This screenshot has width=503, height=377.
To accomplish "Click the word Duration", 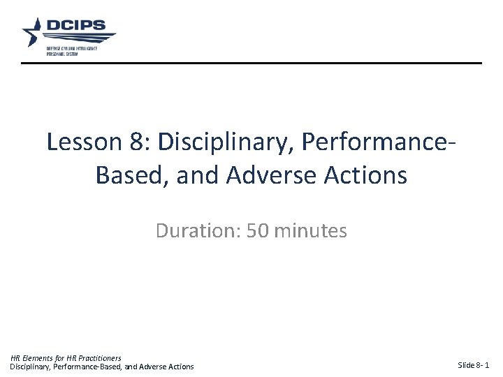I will pyautogui.click(x=197, y=231).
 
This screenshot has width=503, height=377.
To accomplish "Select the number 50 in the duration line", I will pyautogui.click(x=257, y=231).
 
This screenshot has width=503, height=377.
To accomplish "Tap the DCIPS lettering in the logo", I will pyautogui.click(x=75, y=27).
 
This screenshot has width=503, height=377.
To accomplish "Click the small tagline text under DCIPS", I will pyautogui.click(x=71, y=51).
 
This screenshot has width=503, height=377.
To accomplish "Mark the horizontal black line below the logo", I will pyautogui.click(x=251, y=64).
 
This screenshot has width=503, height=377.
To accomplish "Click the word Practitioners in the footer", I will pyautogui.click(x=99, y=358).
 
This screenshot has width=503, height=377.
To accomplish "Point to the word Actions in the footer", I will pyautogui.click(x=181, y=367).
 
